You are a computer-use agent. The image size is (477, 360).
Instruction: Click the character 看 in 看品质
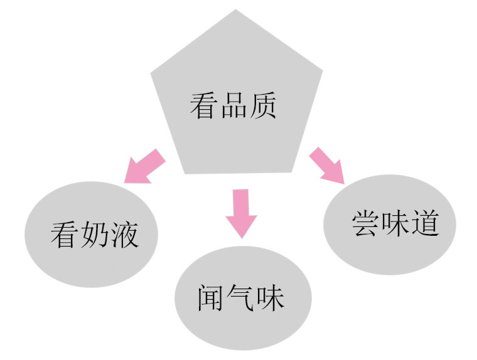tap(203, 106)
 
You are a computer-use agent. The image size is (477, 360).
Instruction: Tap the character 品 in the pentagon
tap(233, 106)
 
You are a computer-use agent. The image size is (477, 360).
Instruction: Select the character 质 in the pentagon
tap(263, 106)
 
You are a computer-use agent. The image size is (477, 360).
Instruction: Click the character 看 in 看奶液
tap(63, 235)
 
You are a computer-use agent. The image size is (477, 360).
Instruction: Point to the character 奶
tap(94, 235)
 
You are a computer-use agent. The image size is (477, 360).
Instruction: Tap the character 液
tap(125, 235)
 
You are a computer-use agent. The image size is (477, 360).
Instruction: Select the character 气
tap(240, 298)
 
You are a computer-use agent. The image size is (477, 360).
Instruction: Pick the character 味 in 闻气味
tap(271, 298)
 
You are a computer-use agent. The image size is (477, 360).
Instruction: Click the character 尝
tap(365, 223)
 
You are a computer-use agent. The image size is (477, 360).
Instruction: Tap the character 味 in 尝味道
tap(395, 223)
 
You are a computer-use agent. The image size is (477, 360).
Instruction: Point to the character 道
tap(426, 223)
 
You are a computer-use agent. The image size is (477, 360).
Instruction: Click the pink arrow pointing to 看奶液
tap(144, 167)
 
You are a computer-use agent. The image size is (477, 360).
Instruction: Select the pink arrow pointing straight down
tap(241, 214)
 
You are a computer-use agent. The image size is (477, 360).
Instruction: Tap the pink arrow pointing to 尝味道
tap(328, 165)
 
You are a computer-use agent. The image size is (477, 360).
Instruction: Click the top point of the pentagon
tap(235, 9)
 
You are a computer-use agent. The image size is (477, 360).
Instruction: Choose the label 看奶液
tap(95, 235)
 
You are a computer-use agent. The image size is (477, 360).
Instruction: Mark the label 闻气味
tap(241, 298)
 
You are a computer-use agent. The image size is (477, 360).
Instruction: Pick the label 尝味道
tap(396, 223)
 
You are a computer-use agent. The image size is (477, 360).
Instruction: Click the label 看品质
tap(233, 106)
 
